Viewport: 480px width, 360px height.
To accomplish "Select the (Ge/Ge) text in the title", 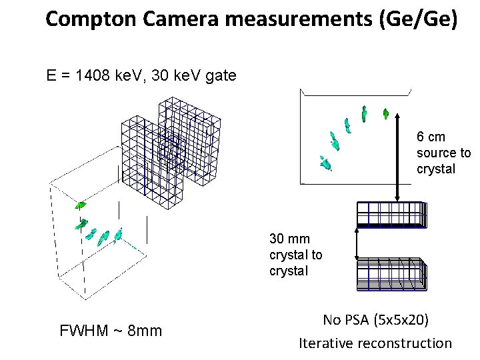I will coord(418,19).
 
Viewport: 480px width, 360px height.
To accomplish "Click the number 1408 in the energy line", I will coord(97,75).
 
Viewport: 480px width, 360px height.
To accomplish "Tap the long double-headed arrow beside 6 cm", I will coord(398,154).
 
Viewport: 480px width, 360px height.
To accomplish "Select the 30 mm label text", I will coord(289,239).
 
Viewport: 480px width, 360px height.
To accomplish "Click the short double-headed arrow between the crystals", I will coord(358,241).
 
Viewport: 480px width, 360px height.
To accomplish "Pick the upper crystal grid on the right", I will coord(391,214).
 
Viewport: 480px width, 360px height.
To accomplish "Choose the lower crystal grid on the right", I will coord(391,273).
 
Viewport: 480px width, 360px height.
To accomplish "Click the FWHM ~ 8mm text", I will coord(111,331).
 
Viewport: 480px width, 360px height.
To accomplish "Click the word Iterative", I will coord(326,343).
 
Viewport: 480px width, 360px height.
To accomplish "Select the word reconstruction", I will coord(405,343).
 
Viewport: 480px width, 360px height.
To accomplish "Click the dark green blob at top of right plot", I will coord(385,113).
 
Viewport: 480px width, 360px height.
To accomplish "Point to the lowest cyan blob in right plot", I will coord(325,162).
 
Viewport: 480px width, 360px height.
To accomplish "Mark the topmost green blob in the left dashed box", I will coord(81,205).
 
